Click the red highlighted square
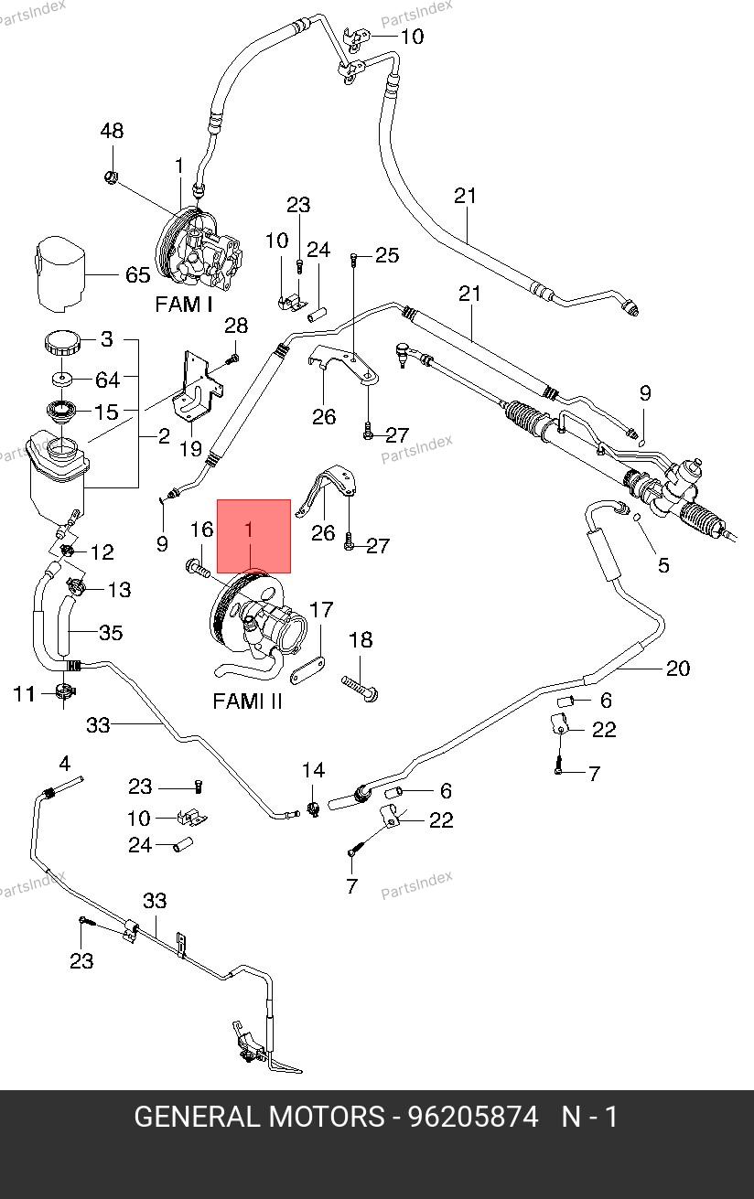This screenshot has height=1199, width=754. click(253, 536)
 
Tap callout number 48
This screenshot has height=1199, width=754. click(112, 132)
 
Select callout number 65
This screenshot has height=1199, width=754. click(137, 275)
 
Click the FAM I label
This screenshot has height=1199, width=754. click(183, 305)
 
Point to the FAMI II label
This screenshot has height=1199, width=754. click(247, 701)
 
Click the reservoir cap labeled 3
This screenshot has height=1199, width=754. click(62, 345)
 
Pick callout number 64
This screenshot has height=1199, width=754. click(108, 379)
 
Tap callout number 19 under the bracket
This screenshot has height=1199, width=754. click(189, 449)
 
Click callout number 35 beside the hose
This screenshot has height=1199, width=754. click(111, 633)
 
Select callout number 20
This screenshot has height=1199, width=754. click(677, 669)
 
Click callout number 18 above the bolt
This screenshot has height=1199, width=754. click(361, 640)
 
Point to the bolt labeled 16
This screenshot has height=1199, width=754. click(197, 568)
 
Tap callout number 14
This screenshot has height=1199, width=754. click(313, 770)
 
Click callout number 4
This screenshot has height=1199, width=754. click(64, 764)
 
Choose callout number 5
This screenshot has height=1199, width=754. click(663, 565)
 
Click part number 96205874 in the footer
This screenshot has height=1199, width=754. click(473, 1117)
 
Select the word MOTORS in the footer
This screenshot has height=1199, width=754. click(327, 1117)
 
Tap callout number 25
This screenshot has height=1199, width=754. click(387, 255)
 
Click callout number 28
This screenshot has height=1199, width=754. click(236, 327)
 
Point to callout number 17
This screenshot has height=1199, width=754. click(321, 610)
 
